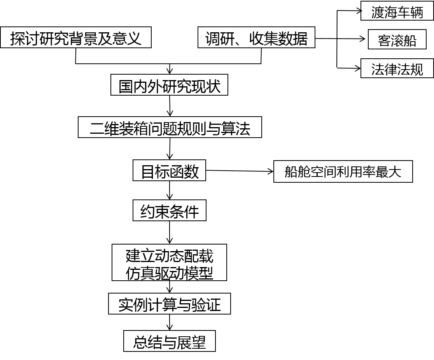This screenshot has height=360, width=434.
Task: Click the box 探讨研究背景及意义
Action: click(x=75, y=38)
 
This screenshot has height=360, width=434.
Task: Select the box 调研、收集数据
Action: click(x=256, y=38)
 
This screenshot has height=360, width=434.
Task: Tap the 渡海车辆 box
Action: click(x=397, y=12)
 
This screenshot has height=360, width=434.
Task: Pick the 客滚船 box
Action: click(x=397, y=40)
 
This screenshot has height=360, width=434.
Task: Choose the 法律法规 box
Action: click(x=397, y=69)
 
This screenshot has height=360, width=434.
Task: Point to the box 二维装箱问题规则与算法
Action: click(x=170, y=128)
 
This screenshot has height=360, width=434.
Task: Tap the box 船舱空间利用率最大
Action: click(x=343, y=171)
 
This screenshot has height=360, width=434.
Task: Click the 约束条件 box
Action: click(x=169, y=211)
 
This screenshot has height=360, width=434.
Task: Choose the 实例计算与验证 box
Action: click(x=169, y=304)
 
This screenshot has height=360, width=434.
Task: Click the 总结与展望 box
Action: click(x=169, y=342)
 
